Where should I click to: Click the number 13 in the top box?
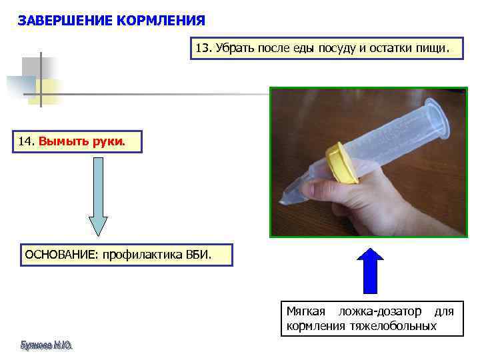(203, 49)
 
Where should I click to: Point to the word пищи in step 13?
(435, 49)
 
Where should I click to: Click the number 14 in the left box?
(25, 141)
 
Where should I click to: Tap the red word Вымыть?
(63, 141)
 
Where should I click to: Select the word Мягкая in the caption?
(306, 311)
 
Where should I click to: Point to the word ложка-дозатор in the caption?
(380, 311)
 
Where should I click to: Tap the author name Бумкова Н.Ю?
(46, 345)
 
